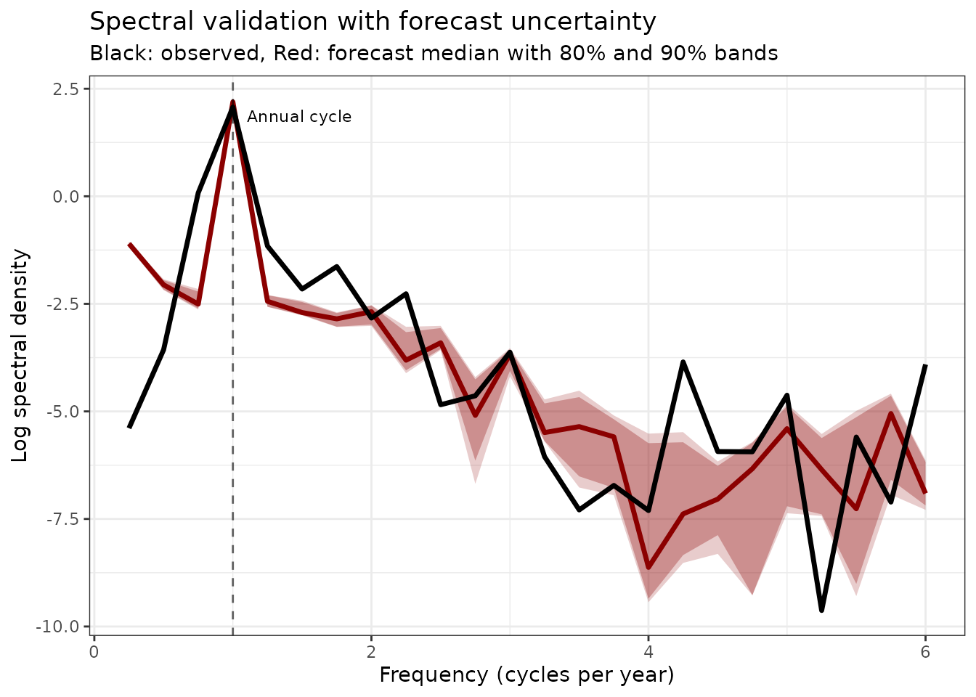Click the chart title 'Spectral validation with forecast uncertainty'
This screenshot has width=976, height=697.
[x=373, y=22]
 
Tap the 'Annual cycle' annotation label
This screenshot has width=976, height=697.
[x=299, y=117]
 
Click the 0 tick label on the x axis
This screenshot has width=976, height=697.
[x=94, y=651]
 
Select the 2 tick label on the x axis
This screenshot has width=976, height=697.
[x=371, y=651]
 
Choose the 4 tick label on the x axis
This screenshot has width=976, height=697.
[x=648, y=651]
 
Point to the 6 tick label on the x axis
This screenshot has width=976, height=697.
[x=925, y=651]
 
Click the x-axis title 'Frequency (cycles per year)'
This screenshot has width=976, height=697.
[x=526, y=675]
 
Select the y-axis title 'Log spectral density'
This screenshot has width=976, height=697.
[x=20, y=356]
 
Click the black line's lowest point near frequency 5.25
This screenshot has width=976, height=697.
[x=821, y=610]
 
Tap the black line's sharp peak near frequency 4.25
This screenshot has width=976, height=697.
[x=683, y=362]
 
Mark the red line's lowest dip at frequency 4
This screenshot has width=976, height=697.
[x=648, y=567]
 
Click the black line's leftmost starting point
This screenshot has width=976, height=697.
[x=129, y=427]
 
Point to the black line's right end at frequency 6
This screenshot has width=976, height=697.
[x=925, y=366]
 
